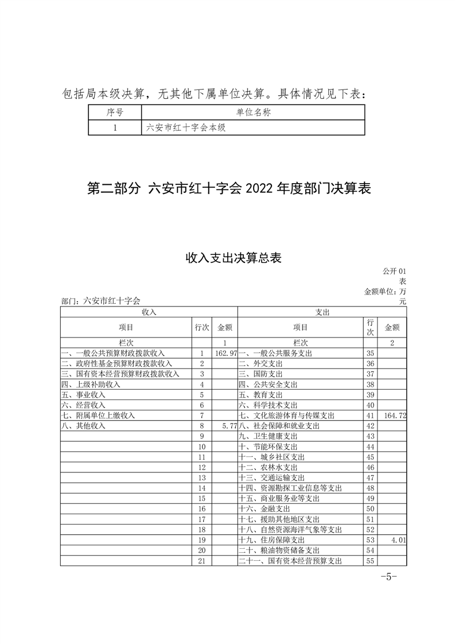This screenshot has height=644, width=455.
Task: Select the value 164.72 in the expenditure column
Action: click(x=395, y=415)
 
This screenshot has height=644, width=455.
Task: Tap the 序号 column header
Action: click(x=115, y=112)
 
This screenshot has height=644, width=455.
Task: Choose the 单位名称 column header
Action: click(x=253, y=112)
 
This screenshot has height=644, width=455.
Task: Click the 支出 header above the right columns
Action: click(x=322, y=312)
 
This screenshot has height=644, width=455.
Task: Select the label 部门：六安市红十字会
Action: click(x=100, y=300)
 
